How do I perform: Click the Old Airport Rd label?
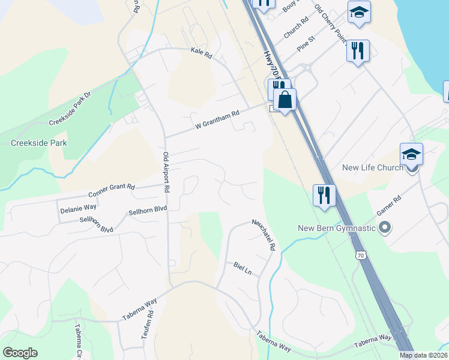tap(167, 172)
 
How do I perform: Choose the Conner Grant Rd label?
tap(111, 191)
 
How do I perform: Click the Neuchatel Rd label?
tap(264, 234)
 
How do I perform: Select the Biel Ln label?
tap(243, 268)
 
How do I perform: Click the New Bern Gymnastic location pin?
tap(385, 228)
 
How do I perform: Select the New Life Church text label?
tap(372, 167)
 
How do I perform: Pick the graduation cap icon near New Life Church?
tap(412, 154)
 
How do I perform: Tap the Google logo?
tap(20, 353)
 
